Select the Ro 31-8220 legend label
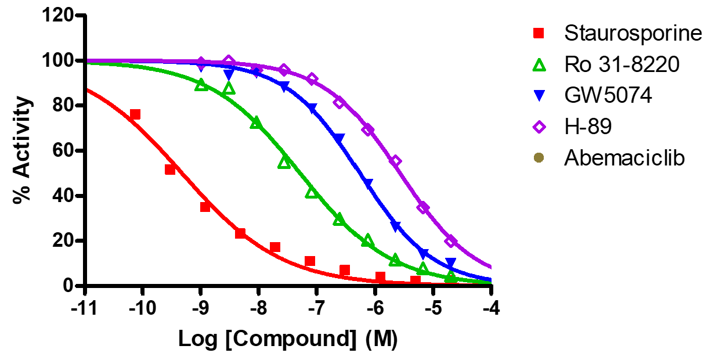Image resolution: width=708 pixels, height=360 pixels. coord(621,65)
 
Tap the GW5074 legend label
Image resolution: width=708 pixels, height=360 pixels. coord(608,96)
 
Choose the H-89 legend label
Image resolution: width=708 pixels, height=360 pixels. coord(588,127)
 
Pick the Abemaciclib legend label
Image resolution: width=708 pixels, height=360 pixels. coord(624,158)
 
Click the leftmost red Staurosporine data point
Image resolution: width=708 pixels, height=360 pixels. coord(135,114)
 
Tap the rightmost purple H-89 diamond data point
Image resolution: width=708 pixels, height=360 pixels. coord(451,242)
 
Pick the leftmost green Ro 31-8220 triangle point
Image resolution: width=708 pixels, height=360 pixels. coord(201,85)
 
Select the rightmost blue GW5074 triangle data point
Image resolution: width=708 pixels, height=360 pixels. coord(451,263)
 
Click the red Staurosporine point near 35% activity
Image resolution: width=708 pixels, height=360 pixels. coord(205,207)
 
